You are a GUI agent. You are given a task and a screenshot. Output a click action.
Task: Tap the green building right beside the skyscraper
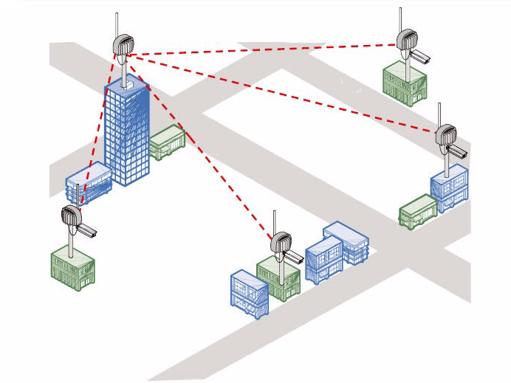[166, 142]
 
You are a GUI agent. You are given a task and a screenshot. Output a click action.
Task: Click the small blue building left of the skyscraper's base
[88, 183]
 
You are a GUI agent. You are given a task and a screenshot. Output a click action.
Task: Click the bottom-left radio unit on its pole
[71, 218]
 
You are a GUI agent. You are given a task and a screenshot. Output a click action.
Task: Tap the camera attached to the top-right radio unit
[420, 56]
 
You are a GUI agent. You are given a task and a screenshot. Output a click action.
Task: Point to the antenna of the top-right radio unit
[399, 19]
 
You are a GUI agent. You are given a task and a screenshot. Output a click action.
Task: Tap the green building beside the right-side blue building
[418, 211]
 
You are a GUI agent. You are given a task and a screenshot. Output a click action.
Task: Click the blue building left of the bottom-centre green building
[248, 294]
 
